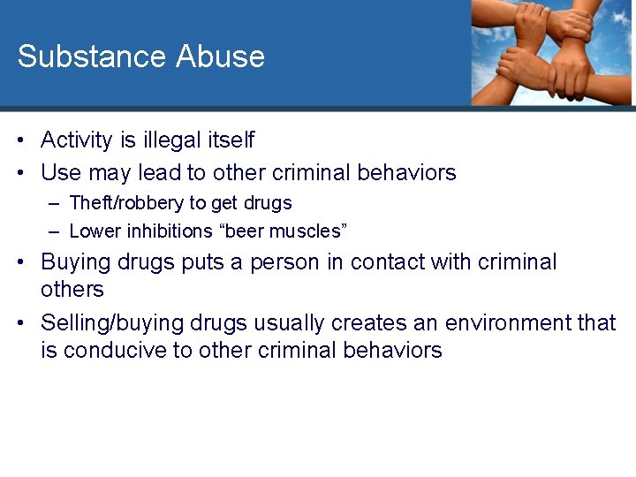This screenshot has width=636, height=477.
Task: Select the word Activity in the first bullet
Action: tap(77, 140)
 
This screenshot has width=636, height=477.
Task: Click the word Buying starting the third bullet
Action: tap(73, 262)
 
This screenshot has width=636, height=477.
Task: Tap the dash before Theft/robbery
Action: tap(54, 204)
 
